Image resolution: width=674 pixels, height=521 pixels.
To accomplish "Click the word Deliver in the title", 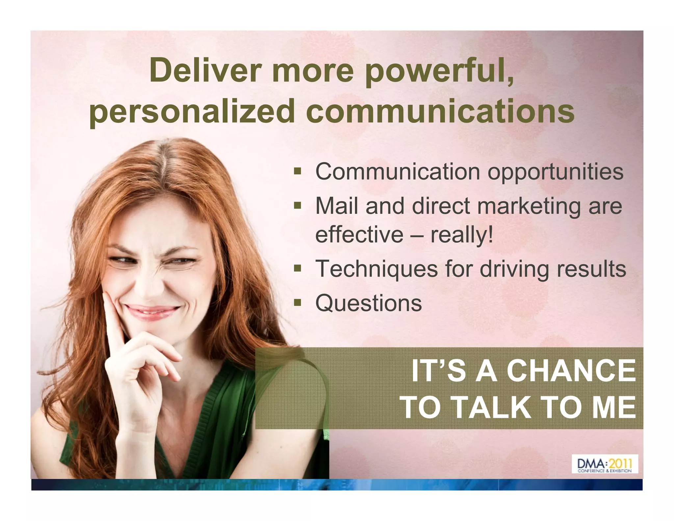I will click(205, 71).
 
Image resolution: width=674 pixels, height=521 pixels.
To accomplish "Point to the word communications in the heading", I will click(440, 111).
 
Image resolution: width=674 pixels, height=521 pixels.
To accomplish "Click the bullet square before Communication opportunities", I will click(298, 171).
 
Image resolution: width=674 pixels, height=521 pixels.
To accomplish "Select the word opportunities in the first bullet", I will click(555, 172).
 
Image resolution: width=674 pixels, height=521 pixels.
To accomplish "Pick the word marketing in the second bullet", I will click(529, 206).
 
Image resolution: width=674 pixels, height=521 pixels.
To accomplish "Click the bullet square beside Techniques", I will click(298, 268).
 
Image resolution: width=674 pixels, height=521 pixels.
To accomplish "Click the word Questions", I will click(368, 303).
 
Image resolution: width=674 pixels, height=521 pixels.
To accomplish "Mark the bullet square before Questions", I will click(298, 302).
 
